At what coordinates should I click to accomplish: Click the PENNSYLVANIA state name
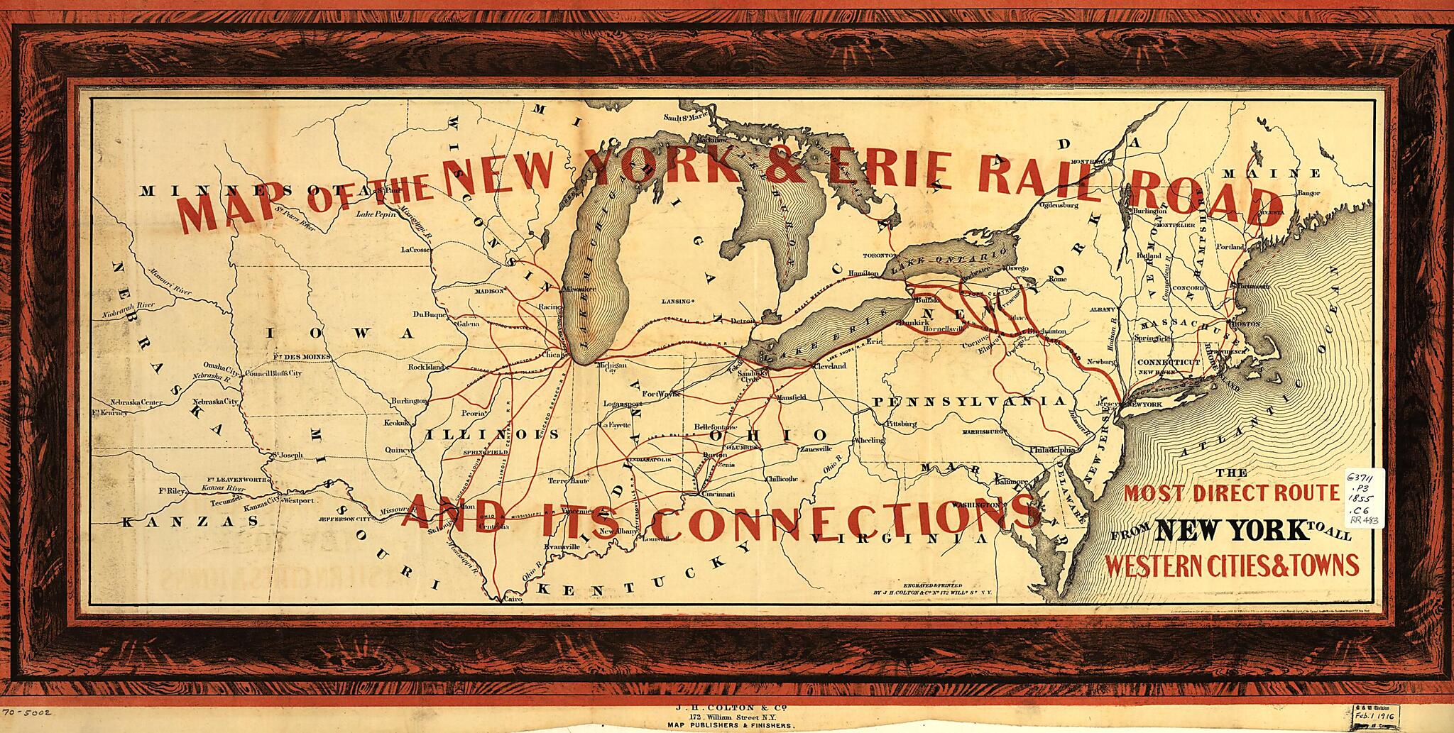click(968, 402)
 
